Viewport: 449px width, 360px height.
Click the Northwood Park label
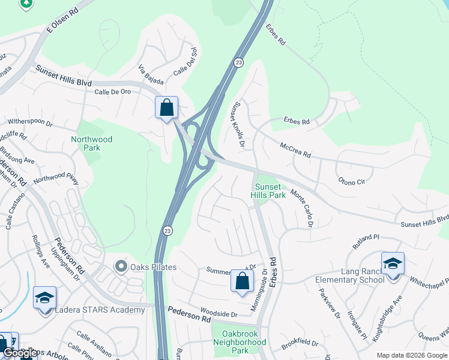click(91, 143)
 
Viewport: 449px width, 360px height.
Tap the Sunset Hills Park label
click(268, 191)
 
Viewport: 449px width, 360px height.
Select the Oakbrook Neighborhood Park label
click(240, 342)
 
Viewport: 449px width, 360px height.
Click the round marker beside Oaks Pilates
click(121, 266)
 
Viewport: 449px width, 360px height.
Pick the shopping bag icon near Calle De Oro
click(167, 108)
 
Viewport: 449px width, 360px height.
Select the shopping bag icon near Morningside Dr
click(242, 281)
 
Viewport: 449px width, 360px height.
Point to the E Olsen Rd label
click(62, 22)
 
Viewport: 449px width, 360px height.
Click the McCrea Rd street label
click(294, 149)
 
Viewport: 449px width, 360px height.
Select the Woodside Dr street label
click(219, 313)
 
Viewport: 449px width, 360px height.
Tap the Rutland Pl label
click(366, 241)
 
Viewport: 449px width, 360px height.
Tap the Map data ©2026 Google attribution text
click(411, 355)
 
